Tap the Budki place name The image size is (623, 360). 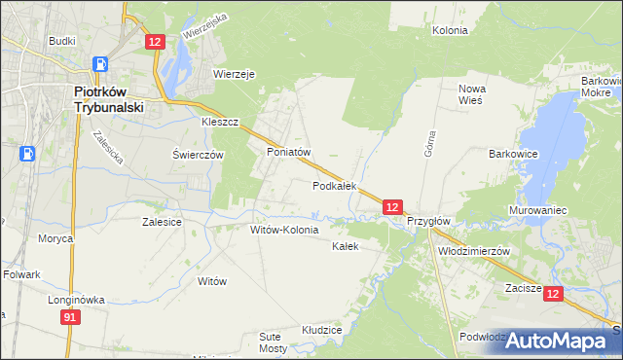pyautogui.click(x=62, y=43)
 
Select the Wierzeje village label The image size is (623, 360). pyautogui.click(x=234, y=73)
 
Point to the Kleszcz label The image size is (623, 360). pyautogui.click(x=220, y=124)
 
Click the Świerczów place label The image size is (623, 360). pyautogui.click(x=199, y=155)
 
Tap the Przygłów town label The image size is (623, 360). pyautogui.click(x=428, y=221)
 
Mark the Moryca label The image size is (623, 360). pyautogui.click(x=55, y=238)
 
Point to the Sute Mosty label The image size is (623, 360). pyautogui.click(x=274, y=342)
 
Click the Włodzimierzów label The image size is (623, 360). pyautogui.click(x=475, y=250)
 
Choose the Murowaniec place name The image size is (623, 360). pyautogui.click(x=537, y=210)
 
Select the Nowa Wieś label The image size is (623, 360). pyautogui.click(x=472, y=94)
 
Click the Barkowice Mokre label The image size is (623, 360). pyautogui.click(x=601, y=87)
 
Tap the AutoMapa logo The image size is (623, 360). pyautogui.click(x=556, y=340)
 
